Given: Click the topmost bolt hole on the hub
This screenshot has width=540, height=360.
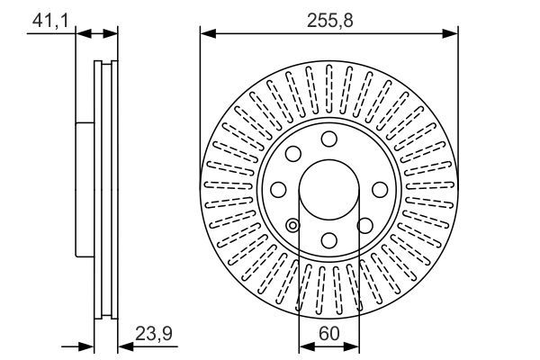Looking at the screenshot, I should point(328,138).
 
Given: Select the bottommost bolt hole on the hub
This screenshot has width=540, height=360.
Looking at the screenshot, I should point(328,240).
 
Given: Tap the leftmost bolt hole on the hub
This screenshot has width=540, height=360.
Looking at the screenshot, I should point(278,189).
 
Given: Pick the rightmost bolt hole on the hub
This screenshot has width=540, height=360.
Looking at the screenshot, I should point(380,189).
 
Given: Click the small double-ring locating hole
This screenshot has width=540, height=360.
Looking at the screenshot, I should point(292,225).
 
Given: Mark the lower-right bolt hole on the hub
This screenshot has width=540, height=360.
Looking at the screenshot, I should point(364,225).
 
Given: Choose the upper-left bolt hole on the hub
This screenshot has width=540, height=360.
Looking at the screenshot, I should point(292,153).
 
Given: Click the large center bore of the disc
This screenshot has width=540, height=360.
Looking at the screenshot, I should point(328,189).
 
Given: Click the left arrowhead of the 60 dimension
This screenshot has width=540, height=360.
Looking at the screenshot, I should point(303,345).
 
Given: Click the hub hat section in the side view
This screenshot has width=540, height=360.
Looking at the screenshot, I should point(85,189).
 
